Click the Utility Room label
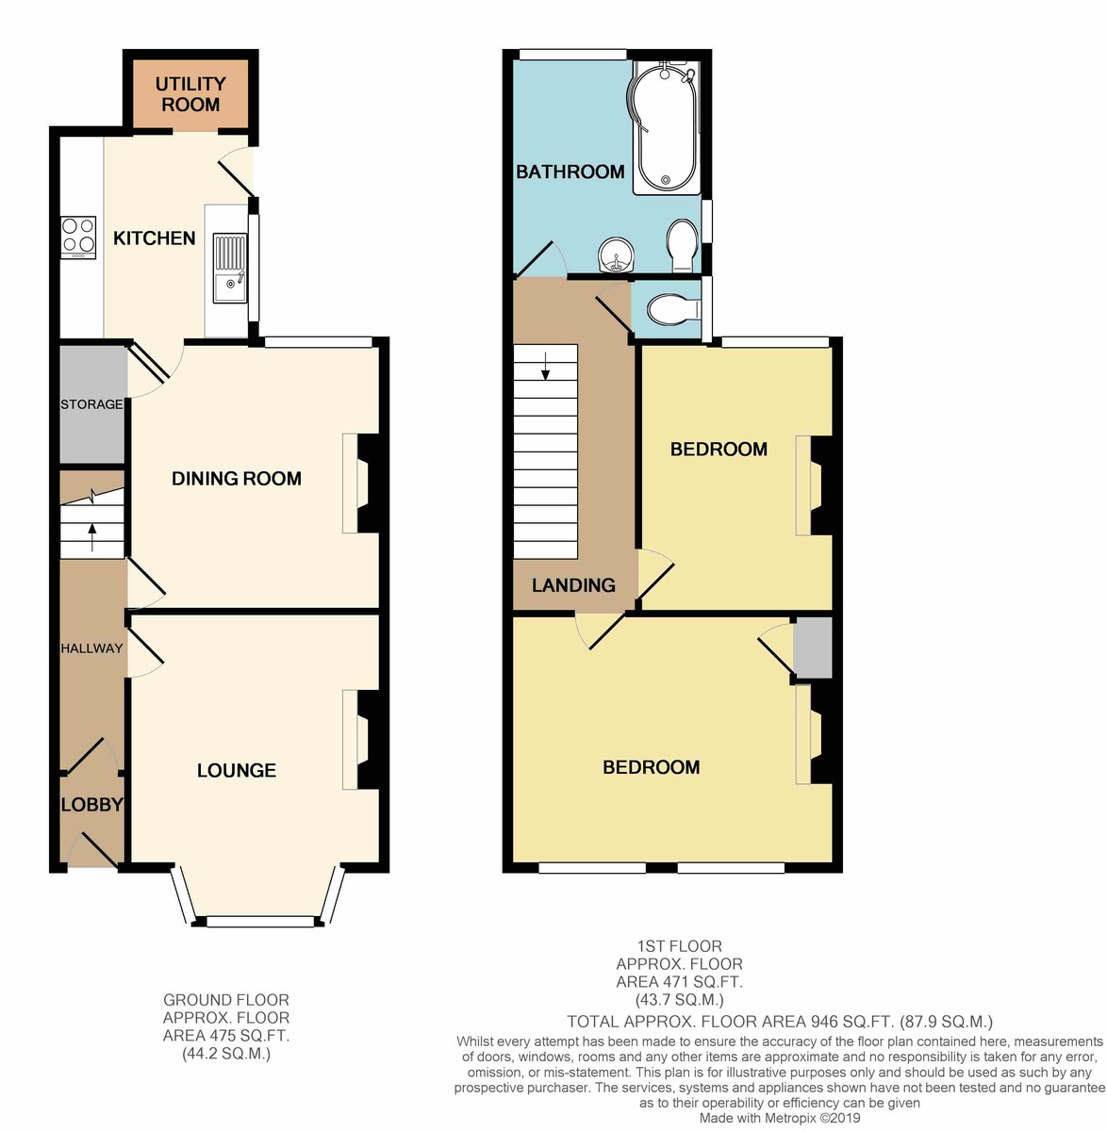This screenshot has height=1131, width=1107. (x=190, y=94)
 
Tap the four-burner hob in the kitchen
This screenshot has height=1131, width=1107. (x=78, y=238)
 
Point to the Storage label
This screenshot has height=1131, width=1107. (x=91, y=404)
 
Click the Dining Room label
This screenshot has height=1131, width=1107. (x=237, y=479)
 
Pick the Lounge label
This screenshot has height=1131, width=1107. (x=237, y=770)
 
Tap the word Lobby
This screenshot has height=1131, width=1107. (x=92, y=804)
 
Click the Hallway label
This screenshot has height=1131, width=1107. (x=91, y=648)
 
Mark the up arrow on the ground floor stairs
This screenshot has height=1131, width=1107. (x=91, y=537)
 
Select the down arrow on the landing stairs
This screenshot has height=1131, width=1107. (x=545, y=366)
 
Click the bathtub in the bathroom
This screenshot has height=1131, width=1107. (x=667, y=128)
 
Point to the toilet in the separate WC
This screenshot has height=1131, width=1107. (x=674, y=309)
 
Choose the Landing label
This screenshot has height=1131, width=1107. (x=574, y=584)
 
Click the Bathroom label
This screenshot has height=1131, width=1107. (x=570, y=172)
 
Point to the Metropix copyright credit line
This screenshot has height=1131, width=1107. (x=780, y=1118)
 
